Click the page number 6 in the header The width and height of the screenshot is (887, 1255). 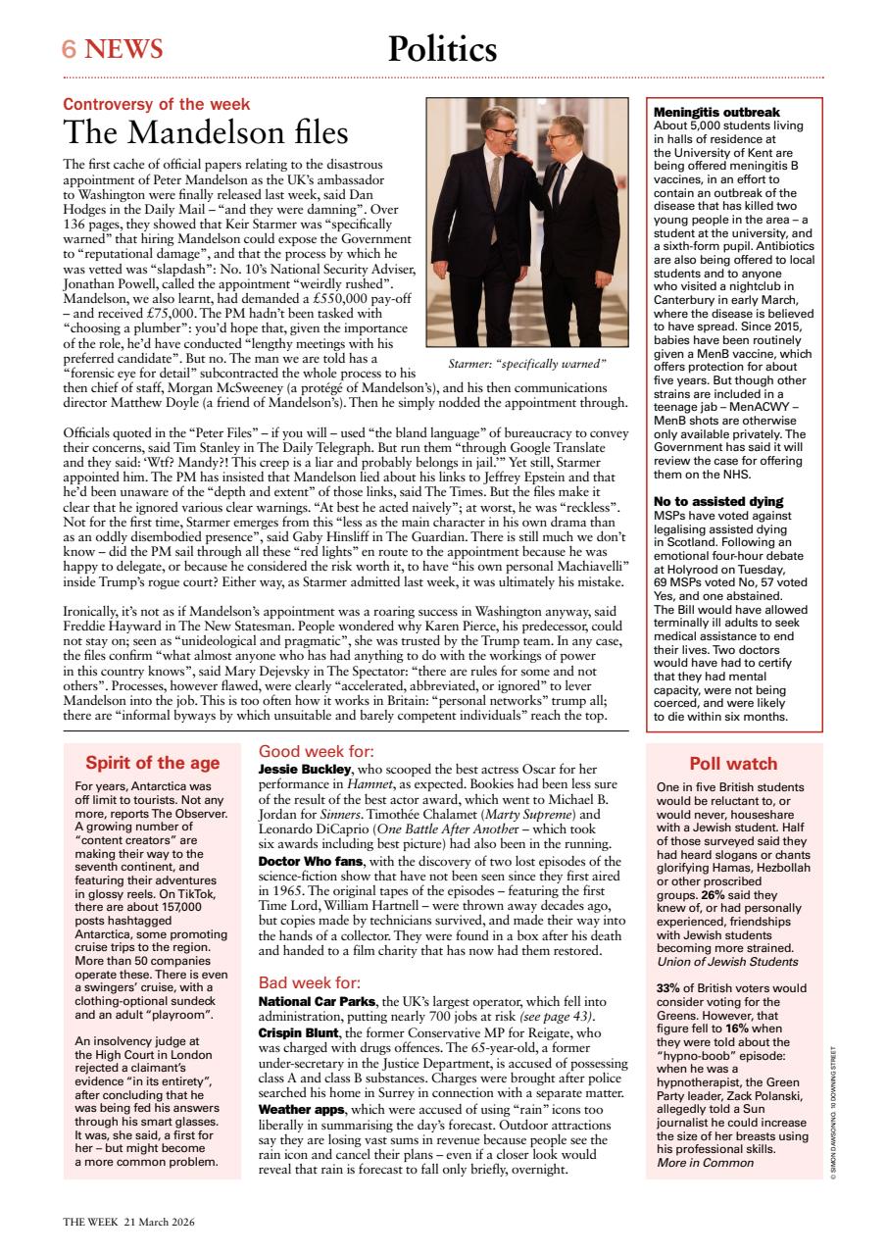point(70,49)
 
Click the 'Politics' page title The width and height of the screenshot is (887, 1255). point(442,48)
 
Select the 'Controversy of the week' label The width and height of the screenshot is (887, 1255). point(156,104)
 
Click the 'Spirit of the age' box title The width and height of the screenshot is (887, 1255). point(152,763)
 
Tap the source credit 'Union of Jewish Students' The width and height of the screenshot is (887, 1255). point(725,962)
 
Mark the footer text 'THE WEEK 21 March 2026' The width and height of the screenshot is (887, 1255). point(129,1223)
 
